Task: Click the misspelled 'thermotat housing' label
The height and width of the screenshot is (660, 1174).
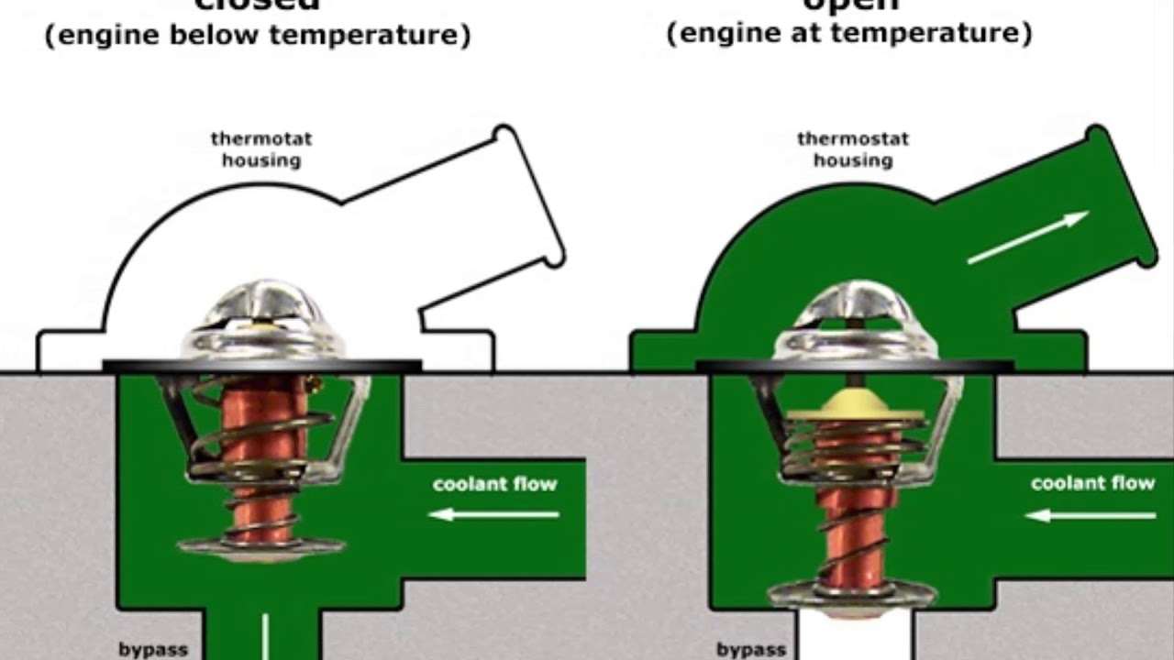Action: click(x=261, y=149)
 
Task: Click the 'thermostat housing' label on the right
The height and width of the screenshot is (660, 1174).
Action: click(x=853, y=149)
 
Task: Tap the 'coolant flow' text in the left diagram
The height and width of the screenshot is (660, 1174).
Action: click(x=494, y=484)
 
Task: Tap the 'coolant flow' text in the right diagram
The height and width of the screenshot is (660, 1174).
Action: click(x=1092, y=483)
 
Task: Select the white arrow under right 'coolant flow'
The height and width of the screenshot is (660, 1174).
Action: click(x=1091, y=516)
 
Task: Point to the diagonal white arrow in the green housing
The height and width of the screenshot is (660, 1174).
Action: click(x=1028, y=238)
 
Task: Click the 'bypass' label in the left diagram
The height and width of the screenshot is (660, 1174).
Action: click(x=153, y=649)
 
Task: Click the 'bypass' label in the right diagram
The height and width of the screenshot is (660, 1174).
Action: click(x=751, y=649)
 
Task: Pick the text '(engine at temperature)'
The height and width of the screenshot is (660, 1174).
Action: click(x=849, y=34)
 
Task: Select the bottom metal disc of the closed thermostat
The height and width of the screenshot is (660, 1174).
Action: click(x=261, y=547)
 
